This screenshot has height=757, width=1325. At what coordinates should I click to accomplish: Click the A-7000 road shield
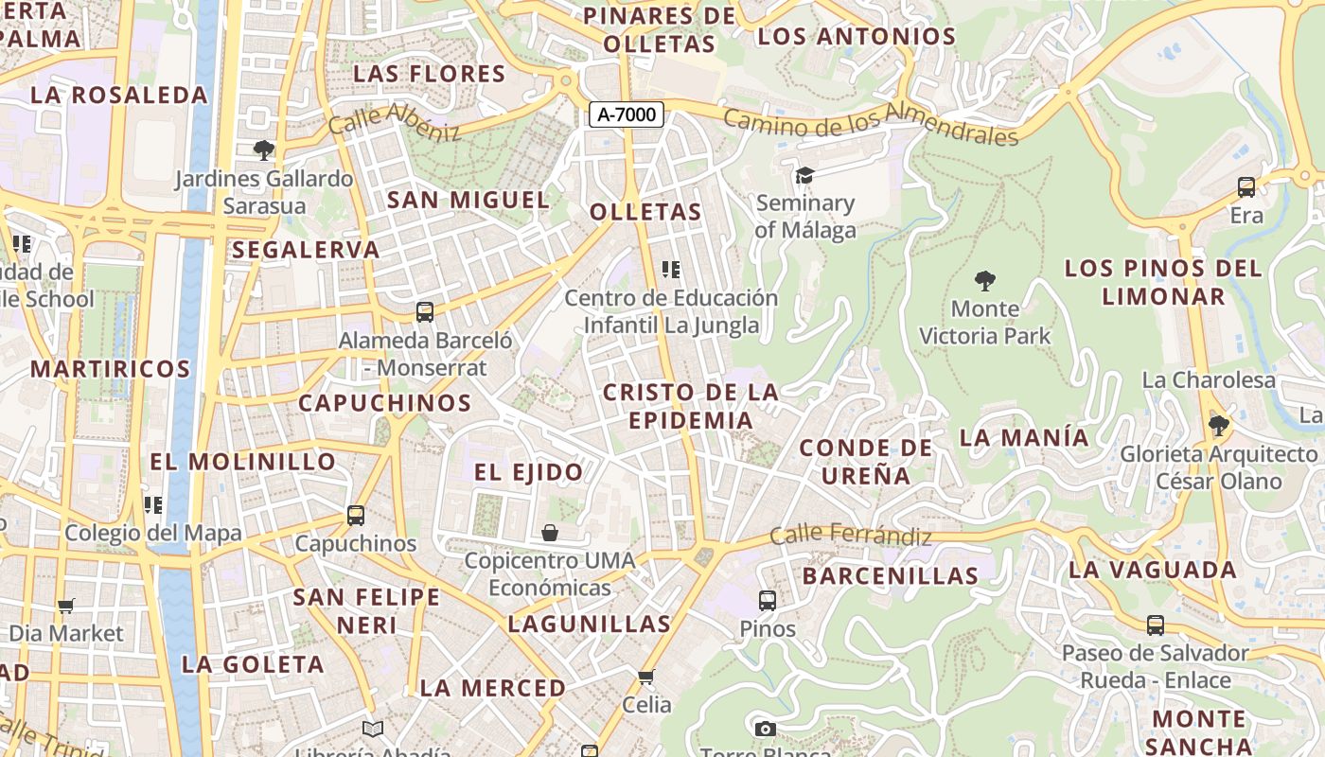pyautogui.click(x=627, y=114)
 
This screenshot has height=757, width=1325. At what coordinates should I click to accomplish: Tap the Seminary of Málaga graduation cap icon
pyautogui.click(x=804, y=175)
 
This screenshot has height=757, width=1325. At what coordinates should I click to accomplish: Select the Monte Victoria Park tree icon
pyautogui.click(x=985, y=280)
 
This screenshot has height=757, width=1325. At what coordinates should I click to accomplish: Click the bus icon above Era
pyautogui.click(x=1246, y=187)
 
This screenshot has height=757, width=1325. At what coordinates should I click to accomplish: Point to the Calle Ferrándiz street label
pyautogui.click(x=850, y=535)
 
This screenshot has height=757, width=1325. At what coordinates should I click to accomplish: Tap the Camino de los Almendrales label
pyautogui.click(x=871, y=124)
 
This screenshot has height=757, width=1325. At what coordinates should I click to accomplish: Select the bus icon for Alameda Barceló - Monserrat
pyautogui.click(x=425, y=311)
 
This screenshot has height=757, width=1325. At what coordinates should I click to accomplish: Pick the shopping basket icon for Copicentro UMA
pyautogui.click(x=550, y=533)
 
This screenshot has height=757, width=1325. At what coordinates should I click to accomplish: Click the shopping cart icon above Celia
pyautogui.click(x=646, y=676)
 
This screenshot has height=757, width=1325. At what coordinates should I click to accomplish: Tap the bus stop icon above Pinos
pyautogui.click(x=768, y=600)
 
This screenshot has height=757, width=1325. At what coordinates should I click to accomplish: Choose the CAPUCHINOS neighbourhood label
pyautogui.click(x=384, y=403)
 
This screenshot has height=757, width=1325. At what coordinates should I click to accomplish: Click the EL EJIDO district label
pyautogui.click(x=528, y=472)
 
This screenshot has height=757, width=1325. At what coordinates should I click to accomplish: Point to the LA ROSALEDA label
pyautogui.click(x=118, y=96)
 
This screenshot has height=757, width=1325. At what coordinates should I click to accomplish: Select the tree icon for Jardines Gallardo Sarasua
pyautogui.click(x=264, y=150)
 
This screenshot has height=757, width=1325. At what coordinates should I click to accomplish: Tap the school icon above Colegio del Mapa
pyautogui.click(x=152, y=504)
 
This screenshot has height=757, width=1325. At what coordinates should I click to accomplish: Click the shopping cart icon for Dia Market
pyautogui.click(x=66, y=606)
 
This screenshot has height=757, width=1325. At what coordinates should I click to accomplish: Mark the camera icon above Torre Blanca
pyautogui.click(x=766, y=729)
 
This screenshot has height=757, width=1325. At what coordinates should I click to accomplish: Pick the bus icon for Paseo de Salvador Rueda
pyautogui.click(x=1156, y=625)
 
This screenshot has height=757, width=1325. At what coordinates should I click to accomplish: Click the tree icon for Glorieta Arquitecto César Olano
pyautogui.click(x=1219, y=425)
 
